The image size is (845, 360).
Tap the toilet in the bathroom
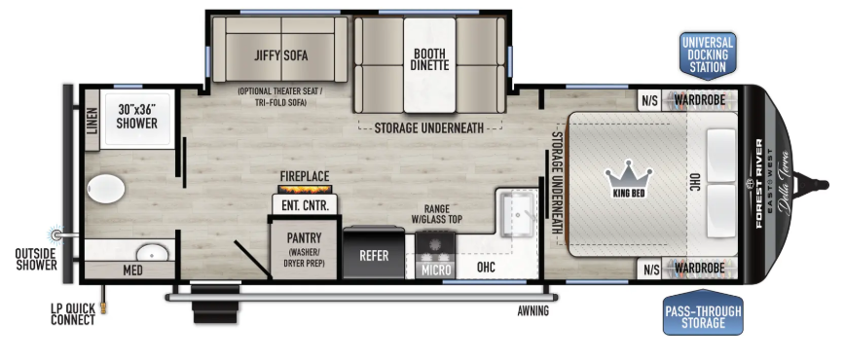pos(105,190)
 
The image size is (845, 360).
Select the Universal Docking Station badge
pos(708,54)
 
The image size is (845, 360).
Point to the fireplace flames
pos(305,189)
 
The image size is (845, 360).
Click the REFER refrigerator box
pos(374,253)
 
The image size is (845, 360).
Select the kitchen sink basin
pos(517,215)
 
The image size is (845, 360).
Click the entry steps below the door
pos(215,305)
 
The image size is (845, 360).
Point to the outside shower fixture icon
pos(55,234)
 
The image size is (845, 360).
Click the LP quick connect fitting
pos(103,306)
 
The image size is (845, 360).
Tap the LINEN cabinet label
pos(92,121)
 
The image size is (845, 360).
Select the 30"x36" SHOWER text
pos(137,116)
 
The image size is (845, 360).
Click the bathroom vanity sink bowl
pos(152,252)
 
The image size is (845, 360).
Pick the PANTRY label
pos(304,237)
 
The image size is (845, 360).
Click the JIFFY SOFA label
pos(280,54)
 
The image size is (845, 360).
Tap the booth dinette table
pos(429,65)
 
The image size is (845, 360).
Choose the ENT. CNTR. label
pos(305,205)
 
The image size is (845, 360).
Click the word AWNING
pos(533,311)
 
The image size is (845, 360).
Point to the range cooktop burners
pos(436,245)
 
